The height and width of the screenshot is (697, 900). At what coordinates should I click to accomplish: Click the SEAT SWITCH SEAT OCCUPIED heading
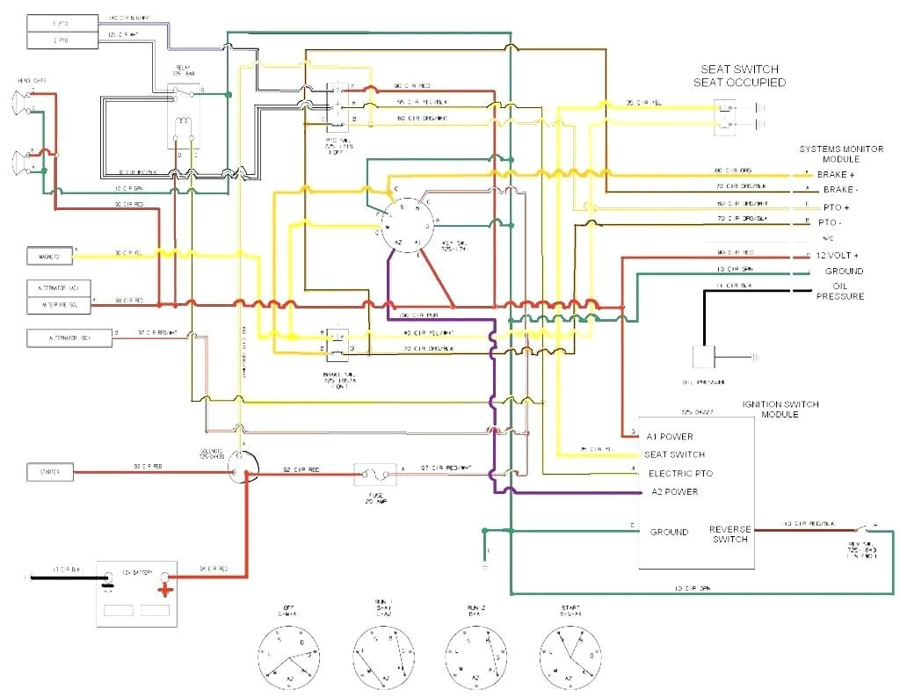pyautogui.click(x=739, y=76)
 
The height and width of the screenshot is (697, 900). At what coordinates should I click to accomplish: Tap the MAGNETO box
pyautogui.click(x=50, y=257)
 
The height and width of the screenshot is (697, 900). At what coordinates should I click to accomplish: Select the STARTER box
pyautogui.click(x=49, y=473)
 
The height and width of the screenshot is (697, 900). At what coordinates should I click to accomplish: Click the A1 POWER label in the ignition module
pyautogui.click(x=670, y=436)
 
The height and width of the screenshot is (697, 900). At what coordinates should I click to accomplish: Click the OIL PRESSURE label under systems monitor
pyautogui.click(x=840, y=290)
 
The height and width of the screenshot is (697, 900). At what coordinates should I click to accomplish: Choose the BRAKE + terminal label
pyautogui.click(x=837, y=175)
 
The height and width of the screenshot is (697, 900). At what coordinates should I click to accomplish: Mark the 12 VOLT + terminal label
pyautogui.click(x=838, y=255)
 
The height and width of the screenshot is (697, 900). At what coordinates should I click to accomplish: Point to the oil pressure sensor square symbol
pyautogui.click(x=704, y=357)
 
